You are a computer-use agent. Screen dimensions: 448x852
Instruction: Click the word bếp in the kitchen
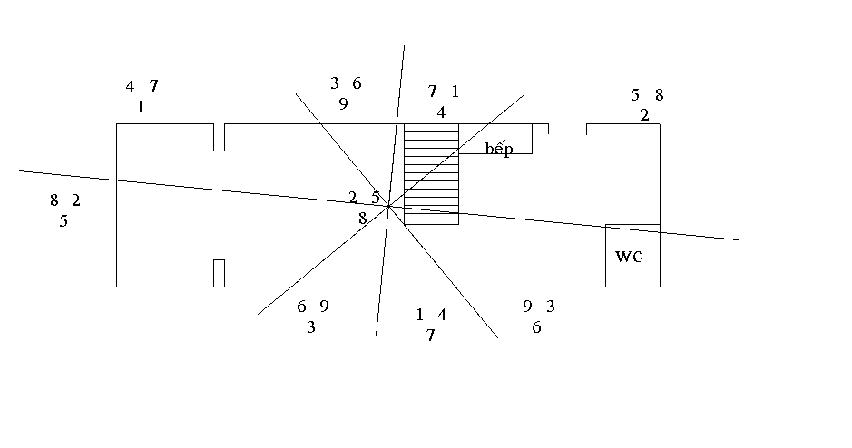pos(498,149)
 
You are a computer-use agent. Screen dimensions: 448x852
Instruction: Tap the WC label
pos(629,257)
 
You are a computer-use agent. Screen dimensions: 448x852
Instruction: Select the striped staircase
pos(431,174)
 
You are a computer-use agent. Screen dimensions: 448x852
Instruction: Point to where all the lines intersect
pos(388,206)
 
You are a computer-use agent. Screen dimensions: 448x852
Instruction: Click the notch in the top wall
pos(219,137)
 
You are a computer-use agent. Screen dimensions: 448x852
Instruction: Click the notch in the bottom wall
pos(219,273)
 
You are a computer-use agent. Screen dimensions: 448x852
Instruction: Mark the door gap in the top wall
pos(567,124)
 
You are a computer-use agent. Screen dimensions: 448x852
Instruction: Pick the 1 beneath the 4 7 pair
pos(141,107)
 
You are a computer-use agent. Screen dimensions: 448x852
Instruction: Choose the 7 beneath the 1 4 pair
pos(430,336)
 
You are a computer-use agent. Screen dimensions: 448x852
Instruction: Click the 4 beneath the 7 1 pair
pos(441,112)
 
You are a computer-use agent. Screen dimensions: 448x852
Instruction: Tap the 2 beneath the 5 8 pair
pos(645,115)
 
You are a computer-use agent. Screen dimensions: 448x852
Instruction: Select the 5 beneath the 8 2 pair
pos(64,221)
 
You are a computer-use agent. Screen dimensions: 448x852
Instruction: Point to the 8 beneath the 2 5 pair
pos(363,219)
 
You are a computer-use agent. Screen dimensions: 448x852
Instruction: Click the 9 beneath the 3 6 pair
pos(344,104)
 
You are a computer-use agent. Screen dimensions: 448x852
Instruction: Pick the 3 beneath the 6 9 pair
pos(310,328)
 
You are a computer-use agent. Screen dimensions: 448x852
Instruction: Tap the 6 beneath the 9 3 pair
pos(536,328)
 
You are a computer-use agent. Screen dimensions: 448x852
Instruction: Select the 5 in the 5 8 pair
pos(636,94)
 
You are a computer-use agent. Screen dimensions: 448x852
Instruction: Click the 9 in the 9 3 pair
pos(527,307)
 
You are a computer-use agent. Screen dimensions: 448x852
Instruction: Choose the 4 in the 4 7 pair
pos(130,86)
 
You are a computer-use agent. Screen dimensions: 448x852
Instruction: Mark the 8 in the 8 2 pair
pos(54,200)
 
